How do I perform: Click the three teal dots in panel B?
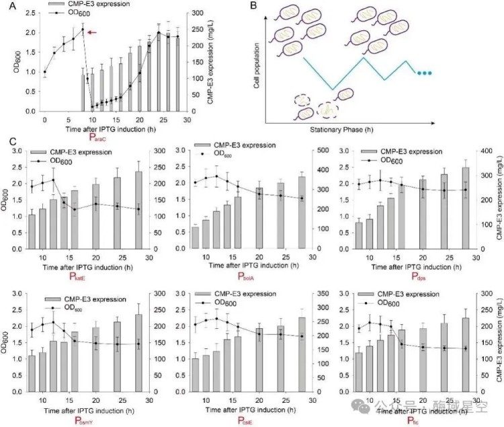coord(425,73)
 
